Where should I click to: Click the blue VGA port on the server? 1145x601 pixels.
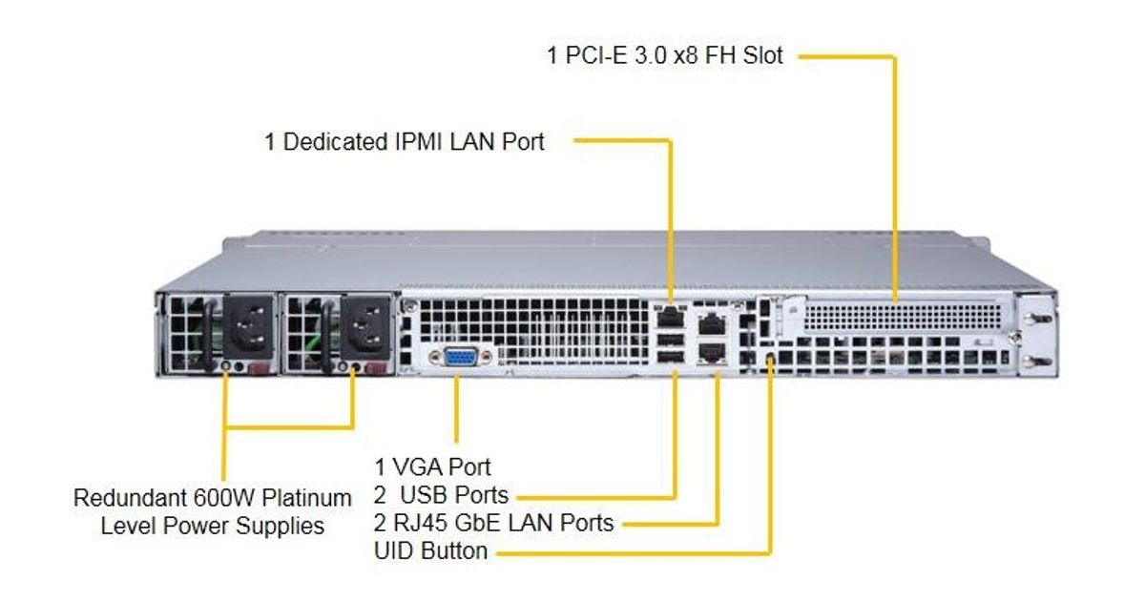460,358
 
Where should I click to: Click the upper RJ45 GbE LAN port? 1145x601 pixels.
711,324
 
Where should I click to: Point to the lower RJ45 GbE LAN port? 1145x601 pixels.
711,355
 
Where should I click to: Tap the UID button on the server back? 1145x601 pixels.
771,360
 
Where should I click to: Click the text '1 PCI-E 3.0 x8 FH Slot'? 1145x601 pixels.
665,55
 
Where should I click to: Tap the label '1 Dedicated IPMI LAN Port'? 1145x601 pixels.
405,142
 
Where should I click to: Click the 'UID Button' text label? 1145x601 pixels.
431,550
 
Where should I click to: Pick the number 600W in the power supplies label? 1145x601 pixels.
222,498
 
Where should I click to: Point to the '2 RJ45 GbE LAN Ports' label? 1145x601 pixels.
493,523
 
